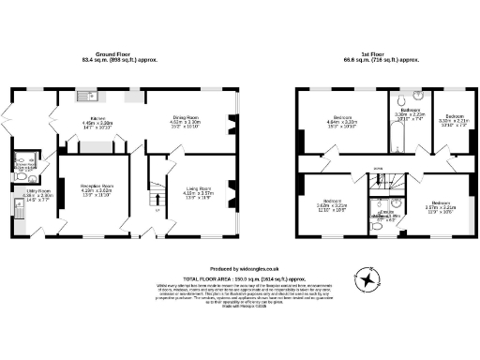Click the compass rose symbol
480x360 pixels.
366,277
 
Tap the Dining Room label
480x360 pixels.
185,121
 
